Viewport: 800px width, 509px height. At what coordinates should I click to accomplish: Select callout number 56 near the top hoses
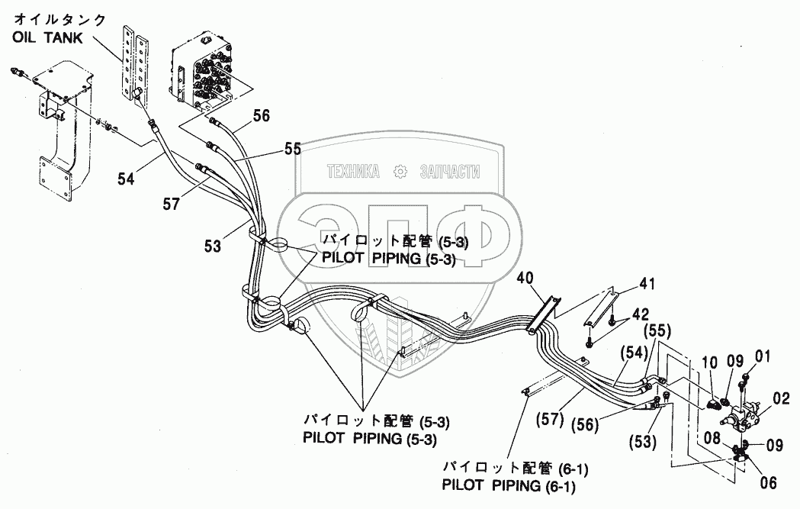[262, 117]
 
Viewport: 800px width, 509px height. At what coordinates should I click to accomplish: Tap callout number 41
[647, 285]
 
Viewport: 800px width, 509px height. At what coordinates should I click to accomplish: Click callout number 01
[763, 356]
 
